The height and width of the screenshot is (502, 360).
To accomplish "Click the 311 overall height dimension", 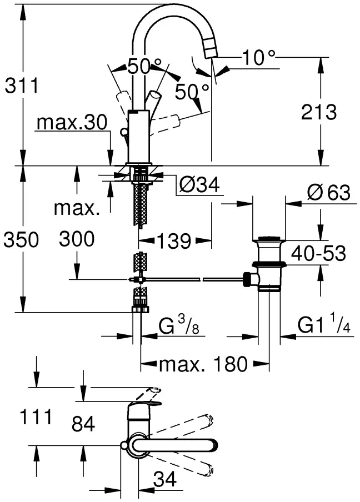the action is coord(22,86).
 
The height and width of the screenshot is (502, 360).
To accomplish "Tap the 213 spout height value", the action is coord(319,112).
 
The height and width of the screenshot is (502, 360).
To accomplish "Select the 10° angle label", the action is coord(259,57).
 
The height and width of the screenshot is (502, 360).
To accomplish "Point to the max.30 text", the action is coord(72,122).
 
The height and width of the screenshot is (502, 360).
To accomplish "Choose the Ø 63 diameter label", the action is coord(329,193).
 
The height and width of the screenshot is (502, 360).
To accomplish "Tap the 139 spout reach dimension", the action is coord(174,241).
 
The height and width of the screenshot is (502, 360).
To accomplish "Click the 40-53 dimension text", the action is coord(318,254).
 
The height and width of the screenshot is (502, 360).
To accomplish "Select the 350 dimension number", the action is coord(21,239).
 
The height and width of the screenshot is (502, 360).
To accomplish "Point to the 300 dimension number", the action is coord(77,239).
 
